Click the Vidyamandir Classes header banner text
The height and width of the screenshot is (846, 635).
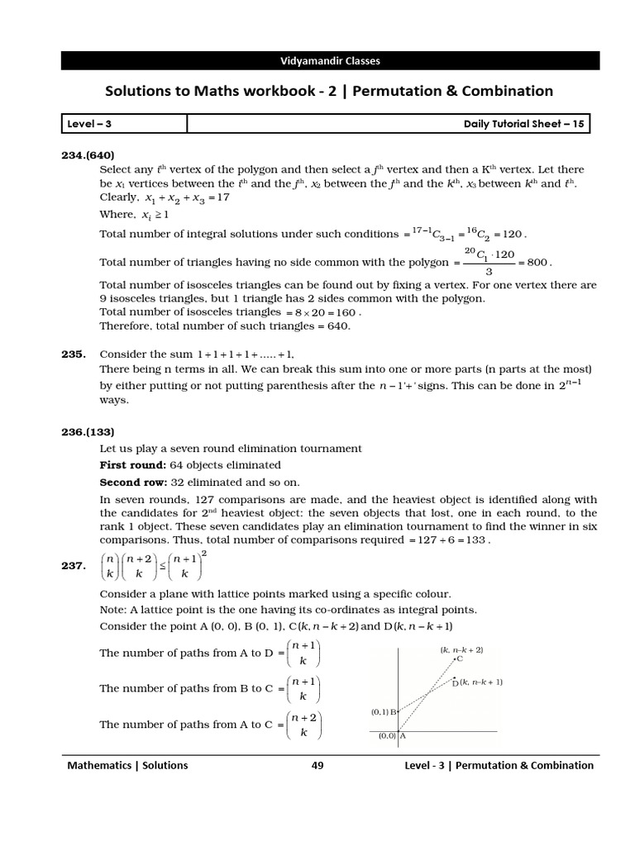point(328,60)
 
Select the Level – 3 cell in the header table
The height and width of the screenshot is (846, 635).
point(88,124)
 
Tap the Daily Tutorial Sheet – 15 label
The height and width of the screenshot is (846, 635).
point(525,124)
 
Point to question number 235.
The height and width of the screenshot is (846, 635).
point(74,354)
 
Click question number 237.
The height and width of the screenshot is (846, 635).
point(74,566)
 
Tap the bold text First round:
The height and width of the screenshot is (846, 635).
point(133,465)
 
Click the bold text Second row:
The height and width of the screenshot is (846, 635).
point(134,482)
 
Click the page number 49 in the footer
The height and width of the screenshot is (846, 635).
point(317,765)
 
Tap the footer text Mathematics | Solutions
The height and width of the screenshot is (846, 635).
point(127,765)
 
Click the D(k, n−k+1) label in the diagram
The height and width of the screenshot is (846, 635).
point(478,682)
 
